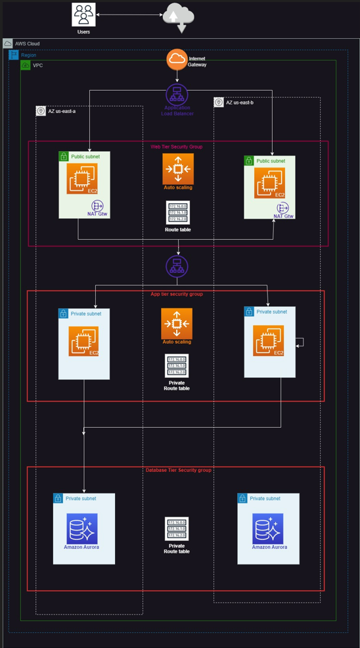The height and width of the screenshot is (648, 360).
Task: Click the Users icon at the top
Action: click(83, 14)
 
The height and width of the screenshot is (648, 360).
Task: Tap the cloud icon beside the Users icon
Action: click(178, 16)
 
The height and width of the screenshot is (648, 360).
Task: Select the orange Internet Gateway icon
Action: click(177, 60)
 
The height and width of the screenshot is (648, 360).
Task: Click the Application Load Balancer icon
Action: click(177, 94)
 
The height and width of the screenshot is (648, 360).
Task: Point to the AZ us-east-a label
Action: click(61, 112)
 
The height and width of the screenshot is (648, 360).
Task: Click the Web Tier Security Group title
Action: click(177, 147)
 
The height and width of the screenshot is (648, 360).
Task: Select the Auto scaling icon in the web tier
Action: click(177, 170)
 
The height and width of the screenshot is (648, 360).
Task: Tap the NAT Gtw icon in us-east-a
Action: click(99, 206)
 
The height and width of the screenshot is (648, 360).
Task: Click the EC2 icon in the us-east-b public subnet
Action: click(269, 183)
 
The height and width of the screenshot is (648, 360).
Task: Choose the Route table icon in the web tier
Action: click(177, 212)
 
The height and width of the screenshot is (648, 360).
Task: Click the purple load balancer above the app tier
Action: click(177, 267)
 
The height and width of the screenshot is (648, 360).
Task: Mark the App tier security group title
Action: click(177, 294)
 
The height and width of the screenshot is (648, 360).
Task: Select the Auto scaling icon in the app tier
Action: click(177, 323)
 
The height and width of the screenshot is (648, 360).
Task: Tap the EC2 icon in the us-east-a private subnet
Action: click(83, 341)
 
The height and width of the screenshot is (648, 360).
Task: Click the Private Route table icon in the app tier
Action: click(177, 365)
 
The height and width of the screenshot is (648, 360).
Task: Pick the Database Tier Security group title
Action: click(177, 470)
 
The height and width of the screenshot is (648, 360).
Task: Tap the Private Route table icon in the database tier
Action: click(177, 528)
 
